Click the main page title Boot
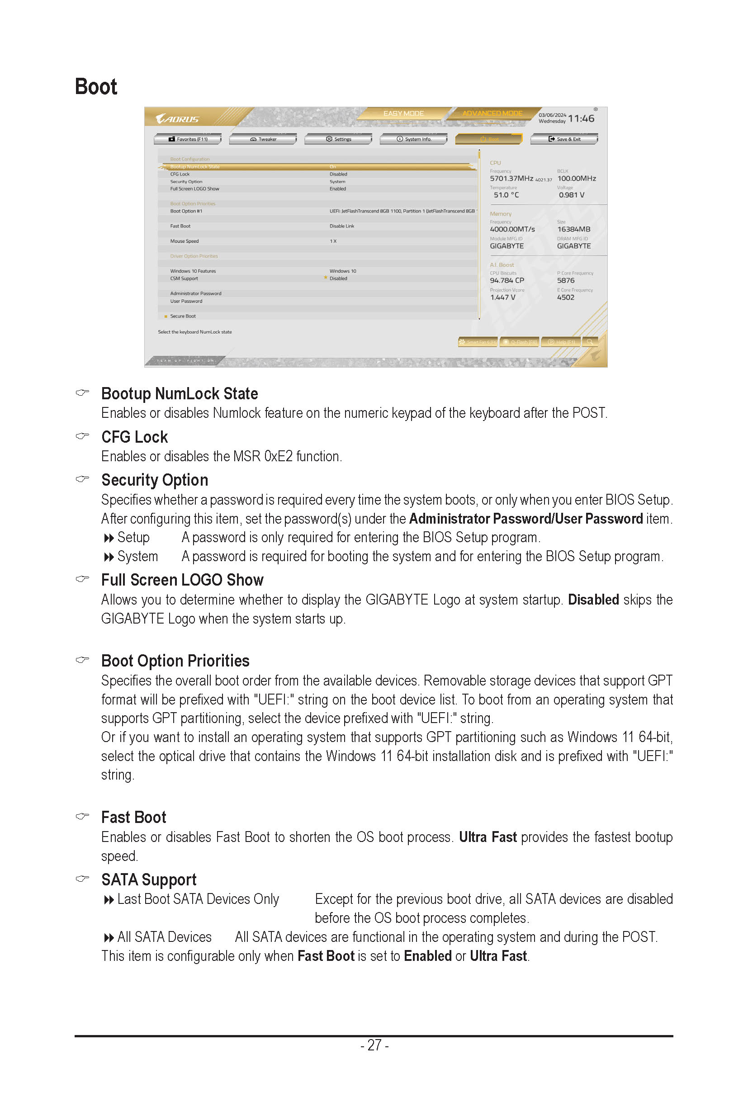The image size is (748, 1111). coord(96,87)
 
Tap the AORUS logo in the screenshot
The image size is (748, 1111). coord(177,118)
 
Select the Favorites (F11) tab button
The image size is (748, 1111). coord(188,139)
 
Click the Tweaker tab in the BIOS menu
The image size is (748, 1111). coord(263,139)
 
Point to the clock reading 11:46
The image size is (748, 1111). coord(581,118)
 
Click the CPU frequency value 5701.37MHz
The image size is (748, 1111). coord(511,179)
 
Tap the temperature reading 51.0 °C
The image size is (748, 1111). coord(506,195)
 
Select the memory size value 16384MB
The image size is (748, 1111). coord(573,229)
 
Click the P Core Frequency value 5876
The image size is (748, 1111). coord(566,280)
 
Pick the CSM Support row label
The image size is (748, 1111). coord(184,279)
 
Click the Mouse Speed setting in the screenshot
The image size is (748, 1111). coord(184,241)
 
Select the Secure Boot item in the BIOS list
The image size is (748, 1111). coord(183,316)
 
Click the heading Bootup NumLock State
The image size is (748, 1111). coord(180,393)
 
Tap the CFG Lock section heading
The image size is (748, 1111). coord(134,437)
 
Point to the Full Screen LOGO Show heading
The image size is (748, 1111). coord(182,580)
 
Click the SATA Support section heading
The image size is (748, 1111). coord(149,879)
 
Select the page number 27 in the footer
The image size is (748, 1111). coord(374,1045)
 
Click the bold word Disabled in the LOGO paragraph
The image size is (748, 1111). coord(593,600)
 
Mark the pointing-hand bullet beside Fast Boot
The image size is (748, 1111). coord(82,816)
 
